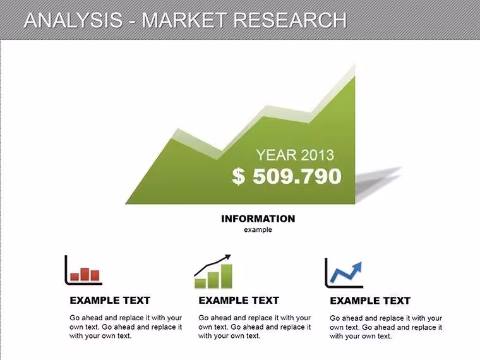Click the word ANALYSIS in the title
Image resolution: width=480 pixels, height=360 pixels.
pyautogui.click(x=73, y=20)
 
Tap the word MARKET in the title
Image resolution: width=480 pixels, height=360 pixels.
pyautogui.click(x=184, y=20)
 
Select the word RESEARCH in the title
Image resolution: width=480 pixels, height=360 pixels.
pyautogui.click(x=290, y=20)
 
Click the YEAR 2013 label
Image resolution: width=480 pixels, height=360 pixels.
pyautogui.click(x=295, y=155)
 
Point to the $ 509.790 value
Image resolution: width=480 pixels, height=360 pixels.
pyautogui.click(x=287, y=176)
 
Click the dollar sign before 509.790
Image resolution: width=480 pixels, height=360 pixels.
pyautogui.click(x=239, y=176)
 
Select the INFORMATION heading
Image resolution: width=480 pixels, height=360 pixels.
pyautogui.click(x=258, y=219)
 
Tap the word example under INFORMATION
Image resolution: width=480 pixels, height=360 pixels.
pyautogui.click(x=258, y=230)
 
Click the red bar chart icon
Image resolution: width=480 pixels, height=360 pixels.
pyautogui.click(x=83, y=270)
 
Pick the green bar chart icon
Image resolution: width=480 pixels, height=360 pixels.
pyautogui.click(x=213, y=272)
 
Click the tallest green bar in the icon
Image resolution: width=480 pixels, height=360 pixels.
pyautogui.click(x=227, y=276)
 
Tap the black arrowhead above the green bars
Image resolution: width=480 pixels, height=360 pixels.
pyautogui.click(x=227, y=257)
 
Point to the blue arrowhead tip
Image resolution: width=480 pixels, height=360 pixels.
pyautogui.click(x=361, y=263)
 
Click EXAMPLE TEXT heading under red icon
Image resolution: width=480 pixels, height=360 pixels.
pyautogui.click(x=110, y=300)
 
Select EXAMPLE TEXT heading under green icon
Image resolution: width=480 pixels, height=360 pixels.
pyautogui.click(x=239, y=300)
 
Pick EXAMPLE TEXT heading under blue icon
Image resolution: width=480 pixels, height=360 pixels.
pyautogui.click(x=370, y=301)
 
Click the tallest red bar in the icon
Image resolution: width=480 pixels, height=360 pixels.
pyautogui.click(x=85, y=274)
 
